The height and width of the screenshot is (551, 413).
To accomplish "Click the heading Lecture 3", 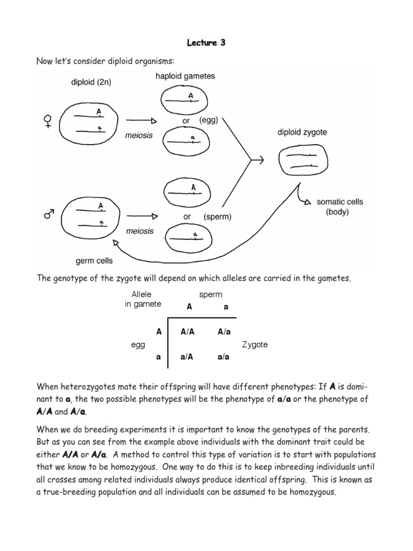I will (x=206, y=43).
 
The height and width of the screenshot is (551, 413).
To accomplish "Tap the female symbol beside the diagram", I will (x=48, y=121).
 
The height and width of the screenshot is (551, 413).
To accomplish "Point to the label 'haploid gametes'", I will (x=185, y=76).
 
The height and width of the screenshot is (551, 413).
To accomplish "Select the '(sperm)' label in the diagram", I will (x=217, y=217).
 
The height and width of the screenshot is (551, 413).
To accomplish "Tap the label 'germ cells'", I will (x=94, y=261).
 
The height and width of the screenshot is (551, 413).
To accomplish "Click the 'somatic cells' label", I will (x=339, y=202).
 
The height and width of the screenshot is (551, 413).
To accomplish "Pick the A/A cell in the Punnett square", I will (x=187, y=332).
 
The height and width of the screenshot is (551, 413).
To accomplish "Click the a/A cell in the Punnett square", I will (x=187, y=356).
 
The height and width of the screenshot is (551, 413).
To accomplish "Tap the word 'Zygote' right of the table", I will (x=255, y=344).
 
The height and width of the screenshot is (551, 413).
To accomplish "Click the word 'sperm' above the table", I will (x=210, y=294).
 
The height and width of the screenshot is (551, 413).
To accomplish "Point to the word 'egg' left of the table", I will (x=138, y=345).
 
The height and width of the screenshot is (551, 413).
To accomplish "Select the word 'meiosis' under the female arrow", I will (x=139, y=135).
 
